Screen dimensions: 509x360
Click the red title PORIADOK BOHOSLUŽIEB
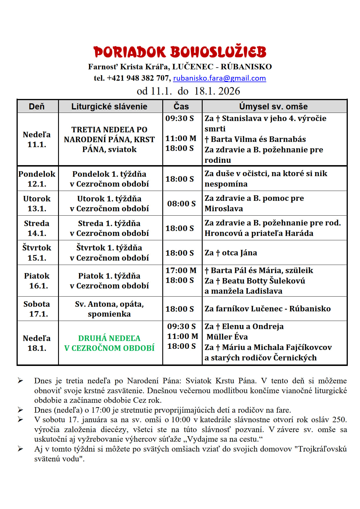[180, 52]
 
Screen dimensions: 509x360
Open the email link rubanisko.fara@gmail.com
[219, 78]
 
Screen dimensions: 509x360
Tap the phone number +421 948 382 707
[138, 78]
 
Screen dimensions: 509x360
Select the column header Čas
[181, 107]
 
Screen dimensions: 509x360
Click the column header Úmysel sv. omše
[273, 107]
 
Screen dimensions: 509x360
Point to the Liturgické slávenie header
[109, 107]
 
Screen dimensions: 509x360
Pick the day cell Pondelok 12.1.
[37, 179]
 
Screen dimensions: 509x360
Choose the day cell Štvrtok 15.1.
[37, 253]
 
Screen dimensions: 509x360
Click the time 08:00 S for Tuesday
[181, 204]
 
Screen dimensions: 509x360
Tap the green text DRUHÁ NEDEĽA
[109, 338]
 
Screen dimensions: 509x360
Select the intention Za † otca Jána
[231, 253]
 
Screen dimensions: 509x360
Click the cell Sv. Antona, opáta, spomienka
[109, 309]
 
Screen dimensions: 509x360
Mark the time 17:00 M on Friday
[181, 270]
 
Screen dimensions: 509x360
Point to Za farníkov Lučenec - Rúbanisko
[267, 309]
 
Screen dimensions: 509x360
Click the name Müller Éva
[227, 337]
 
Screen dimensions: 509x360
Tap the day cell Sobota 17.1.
[37, 309]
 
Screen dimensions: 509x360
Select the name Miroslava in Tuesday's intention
[224, 209]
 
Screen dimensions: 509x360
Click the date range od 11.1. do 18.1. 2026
[188, 91]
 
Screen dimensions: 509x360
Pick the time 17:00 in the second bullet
[101, 410]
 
